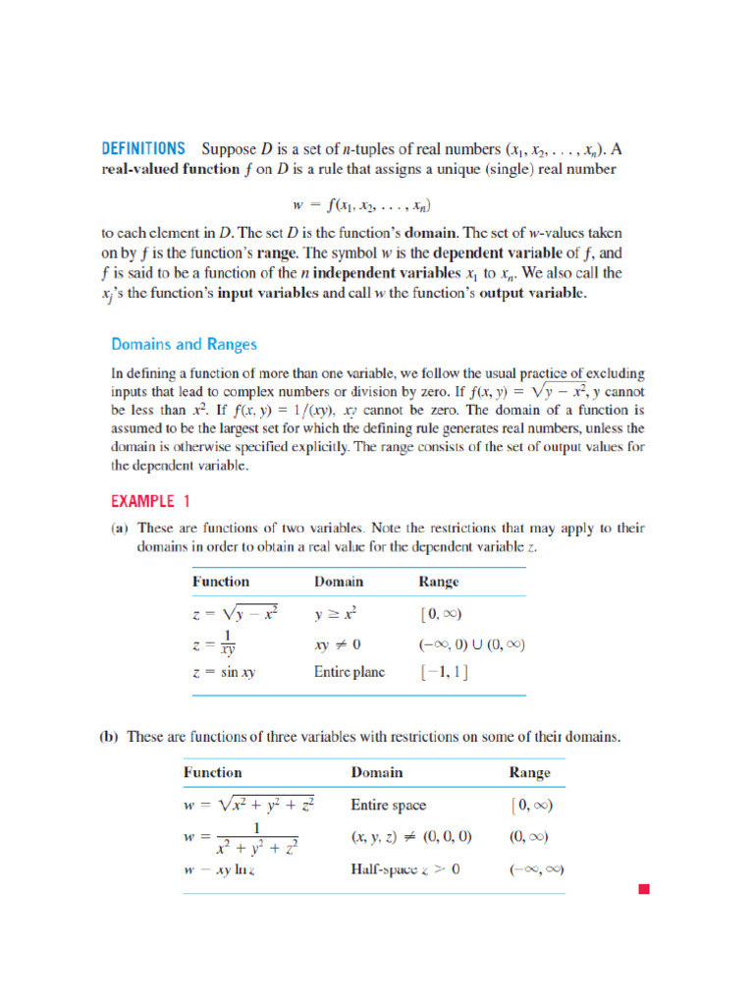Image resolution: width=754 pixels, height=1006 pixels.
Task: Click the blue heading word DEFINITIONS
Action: [143, 149]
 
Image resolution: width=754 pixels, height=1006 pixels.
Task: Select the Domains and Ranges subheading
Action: [184, 344]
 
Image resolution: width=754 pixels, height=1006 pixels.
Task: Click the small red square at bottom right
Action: [644, 890]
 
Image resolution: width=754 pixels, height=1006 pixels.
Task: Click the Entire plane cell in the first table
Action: [350, 673]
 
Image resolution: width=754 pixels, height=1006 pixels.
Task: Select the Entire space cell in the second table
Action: [389, 805]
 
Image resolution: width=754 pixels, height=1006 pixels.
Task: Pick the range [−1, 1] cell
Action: [443, 673]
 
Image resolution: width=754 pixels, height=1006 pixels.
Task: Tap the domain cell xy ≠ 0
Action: [338, 645]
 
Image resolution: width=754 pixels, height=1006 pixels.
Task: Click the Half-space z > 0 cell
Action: [405, 869]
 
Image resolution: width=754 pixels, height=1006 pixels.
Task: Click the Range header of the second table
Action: [529, 772]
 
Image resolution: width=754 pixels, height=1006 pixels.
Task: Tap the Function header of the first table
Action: [221, 582]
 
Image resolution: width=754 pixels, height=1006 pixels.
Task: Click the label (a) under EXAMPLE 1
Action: [118, 529]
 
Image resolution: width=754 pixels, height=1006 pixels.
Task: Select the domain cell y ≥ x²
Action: [336, 613]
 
